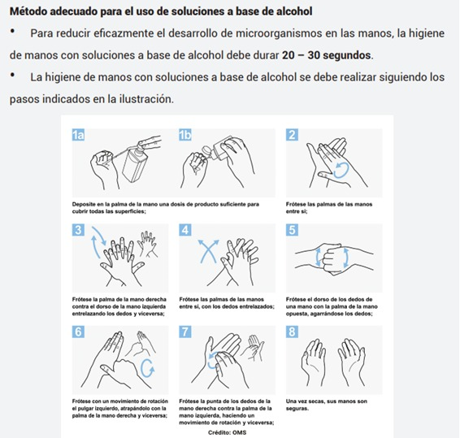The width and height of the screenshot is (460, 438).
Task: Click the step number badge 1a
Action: [x=78, y=135]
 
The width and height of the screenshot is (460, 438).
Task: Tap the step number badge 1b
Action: [x=185, y=135]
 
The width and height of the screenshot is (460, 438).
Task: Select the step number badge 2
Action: [x=293, y=135]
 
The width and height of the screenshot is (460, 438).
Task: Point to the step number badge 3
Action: [x=78, y=230]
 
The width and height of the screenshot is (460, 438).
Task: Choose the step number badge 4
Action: [x=185, y=230]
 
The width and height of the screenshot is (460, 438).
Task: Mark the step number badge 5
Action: [x=293, y=230]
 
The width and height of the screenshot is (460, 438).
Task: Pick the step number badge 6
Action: [x=78, y=332]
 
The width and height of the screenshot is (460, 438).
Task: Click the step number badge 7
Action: [x=185, y=332]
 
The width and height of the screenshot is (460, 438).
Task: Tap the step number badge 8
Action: [x=293, y=332]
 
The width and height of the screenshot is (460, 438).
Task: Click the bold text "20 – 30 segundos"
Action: [x=327, y=55]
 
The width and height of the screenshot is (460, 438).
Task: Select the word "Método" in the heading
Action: [x=28, y=11]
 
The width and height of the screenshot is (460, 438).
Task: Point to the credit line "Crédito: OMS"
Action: [x=228, y=432]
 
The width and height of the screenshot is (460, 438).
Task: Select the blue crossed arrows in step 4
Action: [x=209, y=251]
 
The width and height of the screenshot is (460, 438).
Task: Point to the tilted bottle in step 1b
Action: [x=217, y=150]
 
